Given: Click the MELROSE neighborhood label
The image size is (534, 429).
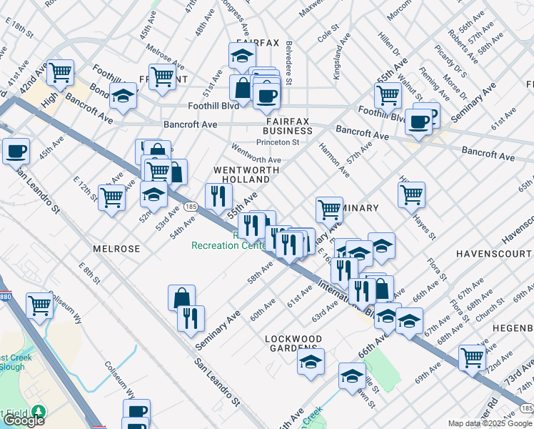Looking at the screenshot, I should tap(116, 248).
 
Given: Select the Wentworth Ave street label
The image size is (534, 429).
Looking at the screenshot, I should tap(256, 155).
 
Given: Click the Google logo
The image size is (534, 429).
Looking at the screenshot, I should tap(24, 420).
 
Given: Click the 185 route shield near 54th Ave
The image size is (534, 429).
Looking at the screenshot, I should tap(191, 206).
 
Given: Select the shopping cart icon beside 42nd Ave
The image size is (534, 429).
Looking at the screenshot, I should tap(61, 72).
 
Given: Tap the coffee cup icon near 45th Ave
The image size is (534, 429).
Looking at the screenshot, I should tap(16, 152).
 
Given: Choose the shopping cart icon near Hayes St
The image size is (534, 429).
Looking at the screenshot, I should tap(411, 193).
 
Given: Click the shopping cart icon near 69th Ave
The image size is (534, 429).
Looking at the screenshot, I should tap(473, 357).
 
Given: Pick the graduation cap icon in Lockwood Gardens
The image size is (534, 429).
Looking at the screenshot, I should tap(311, 363).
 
